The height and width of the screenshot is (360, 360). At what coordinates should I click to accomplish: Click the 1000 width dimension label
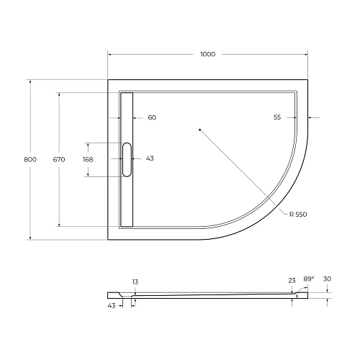click(208, 55)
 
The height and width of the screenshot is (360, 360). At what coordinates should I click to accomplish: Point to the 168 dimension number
click(88, 159)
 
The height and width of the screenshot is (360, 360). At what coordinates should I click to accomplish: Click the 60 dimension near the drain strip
click(151, 117)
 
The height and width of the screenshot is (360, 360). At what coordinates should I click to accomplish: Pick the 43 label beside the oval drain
click(150, 158)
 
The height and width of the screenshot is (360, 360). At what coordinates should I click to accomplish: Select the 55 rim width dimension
click(277, 117)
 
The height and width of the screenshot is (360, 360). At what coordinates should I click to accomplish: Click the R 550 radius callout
click(298, 215)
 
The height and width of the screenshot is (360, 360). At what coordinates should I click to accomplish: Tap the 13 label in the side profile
click(134, 282)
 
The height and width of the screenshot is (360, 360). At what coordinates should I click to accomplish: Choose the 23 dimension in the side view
click(292, 282)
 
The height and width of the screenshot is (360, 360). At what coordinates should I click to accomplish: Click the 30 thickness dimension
click(328, 279)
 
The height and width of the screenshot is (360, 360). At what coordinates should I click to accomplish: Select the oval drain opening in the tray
click(127, 159)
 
